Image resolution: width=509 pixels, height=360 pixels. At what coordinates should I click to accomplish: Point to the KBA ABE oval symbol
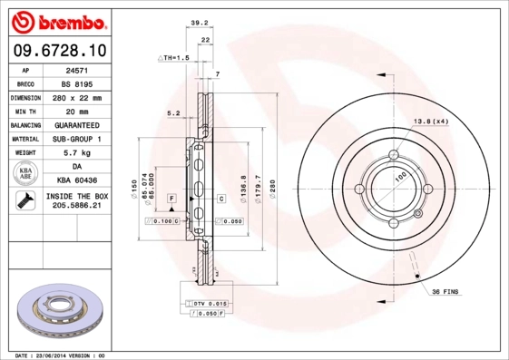(x=25, y=174)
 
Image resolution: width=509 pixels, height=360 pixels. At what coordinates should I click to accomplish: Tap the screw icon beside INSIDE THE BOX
(x=23, y=201)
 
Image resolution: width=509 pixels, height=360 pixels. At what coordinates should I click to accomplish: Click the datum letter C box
(x=220, y=197)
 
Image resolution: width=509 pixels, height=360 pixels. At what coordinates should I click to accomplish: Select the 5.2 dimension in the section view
(x=173, y=113)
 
